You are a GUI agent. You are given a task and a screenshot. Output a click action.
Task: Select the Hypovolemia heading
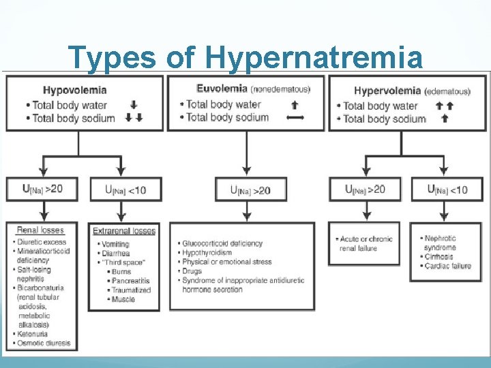[74, 90]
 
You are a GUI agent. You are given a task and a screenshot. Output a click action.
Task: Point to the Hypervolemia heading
[387, 91]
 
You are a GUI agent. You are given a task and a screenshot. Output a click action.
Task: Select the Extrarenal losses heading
[124, 231]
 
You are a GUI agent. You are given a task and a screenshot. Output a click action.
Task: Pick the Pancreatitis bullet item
[128, 279]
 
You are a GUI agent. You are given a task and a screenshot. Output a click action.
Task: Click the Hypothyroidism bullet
[207, 253]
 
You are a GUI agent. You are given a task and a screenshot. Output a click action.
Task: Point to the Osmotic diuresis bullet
[44, 343]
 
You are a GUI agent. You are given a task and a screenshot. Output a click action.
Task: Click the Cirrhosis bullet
[440, 257]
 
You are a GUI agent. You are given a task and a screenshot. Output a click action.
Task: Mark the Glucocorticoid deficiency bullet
[222, 243]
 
